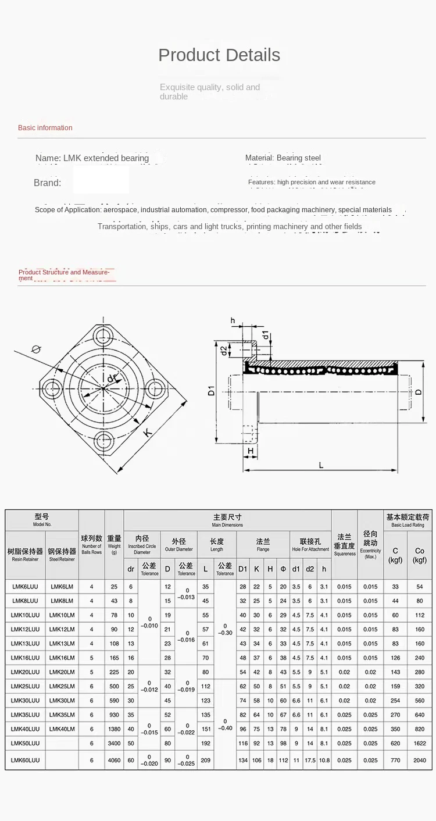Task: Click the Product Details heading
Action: (x=219, y=55)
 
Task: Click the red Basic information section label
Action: (x=45, y=128)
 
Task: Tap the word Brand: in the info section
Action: (x=47, y=183)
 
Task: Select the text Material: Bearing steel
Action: (x=283, y=158)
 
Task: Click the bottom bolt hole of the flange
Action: (x=106, y=440)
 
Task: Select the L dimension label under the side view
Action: (x=321, y=464)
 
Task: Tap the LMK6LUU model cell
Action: (x=26, y=587)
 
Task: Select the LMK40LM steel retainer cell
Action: (x=62, y=729)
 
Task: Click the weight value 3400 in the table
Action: (x=115, y=743)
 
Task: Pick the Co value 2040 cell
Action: (x=419, y=760)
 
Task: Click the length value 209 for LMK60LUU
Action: (x=206, y=760)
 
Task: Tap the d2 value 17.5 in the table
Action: (x=310, y=760)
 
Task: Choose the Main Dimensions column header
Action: (x=227, y=520)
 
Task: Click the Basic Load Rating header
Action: (x=408, y=520)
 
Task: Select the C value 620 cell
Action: (x=395, y=743)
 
